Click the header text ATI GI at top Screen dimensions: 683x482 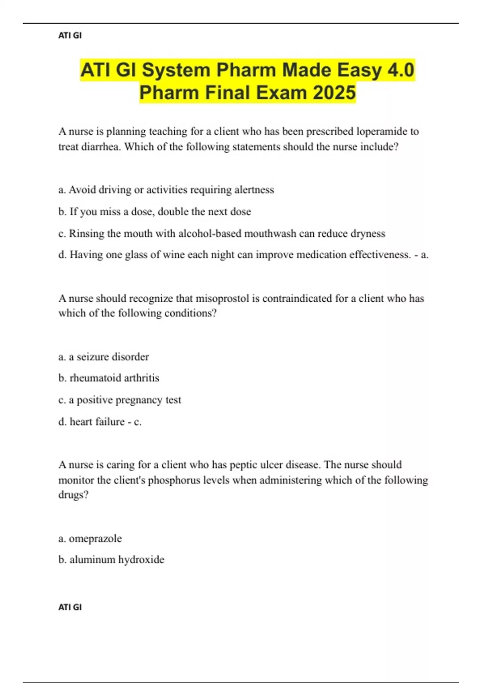point(70,35)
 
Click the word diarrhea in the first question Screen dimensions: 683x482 point(101,147)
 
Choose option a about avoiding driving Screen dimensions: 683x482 point(166,190)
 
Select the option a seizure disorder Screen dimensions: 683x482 point(104,357)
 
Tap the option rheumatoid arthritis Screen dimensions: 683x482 point(109,378)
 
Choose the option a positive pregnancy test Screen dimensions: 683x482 point(120,400)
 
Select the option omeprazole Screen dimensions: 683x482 point(90,538)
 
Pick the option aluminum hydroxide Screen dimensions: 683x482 point(111,560)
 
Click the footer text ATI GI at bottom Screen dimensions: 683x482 point(70,607)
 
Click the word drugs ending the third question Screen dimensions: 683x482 point(73,495)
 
